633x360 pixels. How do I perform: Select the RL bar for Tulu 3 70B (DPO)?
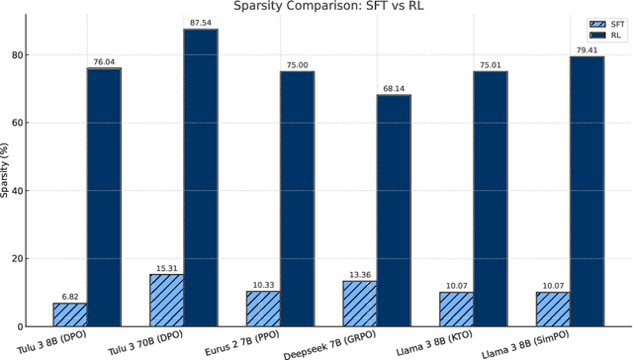200,178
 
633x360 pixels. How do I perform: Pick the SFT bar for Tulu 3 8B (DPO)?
69,315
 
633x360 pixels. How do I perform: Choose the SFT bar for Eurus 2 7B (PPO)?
263,309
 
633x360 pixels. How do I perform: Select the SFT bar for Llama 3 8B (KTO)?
456,310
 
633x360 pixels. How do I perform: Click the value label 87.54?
200,22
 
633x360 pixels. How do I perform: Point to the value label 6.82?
69,296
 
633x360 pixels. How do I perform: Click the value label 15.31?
166,267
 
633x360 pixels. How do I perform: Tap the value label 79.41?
586,49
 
